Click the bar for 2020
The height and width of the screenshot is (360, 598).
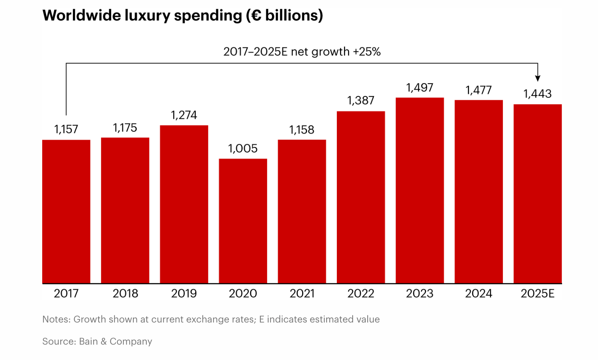pos(243,221)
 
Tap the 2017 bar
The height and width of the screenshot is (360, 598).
pos(66,212)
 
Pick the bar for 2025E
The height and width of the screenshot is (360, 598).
pos(538,194)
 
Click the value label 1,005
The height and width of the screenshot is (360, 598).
pos(243,149)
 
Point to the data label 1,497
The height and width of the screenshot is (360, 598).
pos(420,88)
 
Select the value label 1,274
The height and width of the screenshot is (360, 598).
pos(184,115)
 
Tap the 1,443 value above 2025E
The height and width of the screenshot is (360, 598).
pos(538,94)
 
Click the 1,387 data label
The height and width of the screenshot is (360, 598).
pos(361,101)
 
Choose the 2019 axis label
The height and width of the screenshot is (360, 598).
pos(184,294)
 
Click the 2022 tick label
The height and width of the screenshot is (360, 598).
pos(361,294)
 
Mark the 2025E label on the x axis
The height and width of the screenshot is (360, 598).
pos(538,294)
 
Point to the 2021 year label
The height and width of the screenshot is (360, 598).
pos(302,294)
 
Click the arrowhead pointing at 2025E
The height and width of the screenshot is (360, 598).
pos(538,78)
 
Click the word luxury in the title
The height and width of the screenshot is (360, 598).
pos(148,16)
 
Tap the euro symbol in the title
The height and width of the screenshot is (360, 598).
pos(256,16)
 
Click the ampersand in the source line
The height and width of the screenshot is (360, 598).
pos(104,341)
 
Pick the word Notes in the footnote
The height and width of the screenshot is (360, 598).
pos(56,319)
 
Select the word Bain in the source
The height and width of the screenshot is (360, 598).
pos(88,341)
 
